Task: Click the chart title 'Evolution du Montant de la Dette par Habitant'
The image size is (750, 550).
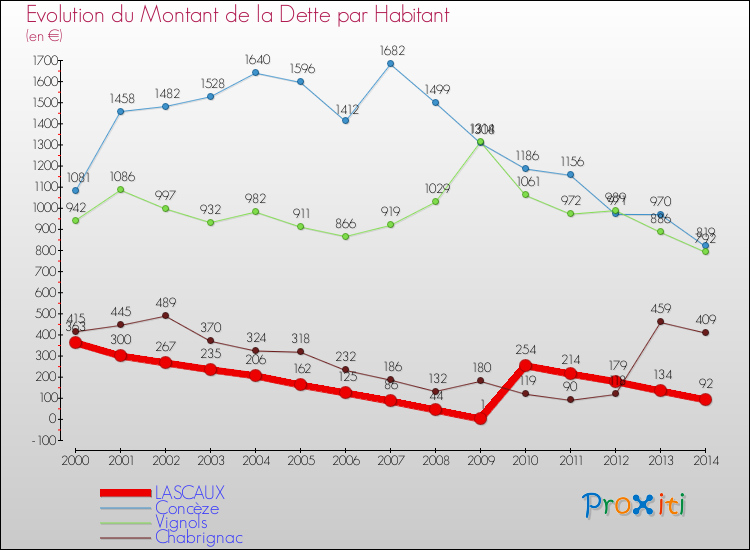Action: [237, 15]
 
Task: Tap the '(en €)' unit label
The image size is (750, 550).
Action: [45, 36]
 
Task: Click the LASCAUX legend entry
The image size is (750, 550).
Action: [189, 493]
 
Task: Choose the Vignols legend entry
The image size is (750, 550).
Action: [181, 522]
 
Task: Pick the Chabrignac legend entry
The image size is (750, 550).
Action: [198, 537]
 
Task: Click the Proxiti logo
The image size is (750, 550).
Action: [635, 505]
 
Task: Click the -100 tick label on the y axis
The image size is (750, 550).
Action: [41, 440]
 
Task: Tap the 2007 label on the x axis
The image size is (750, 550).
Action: [390, 459]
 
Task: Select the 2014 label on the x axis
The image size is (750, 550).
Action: [705, 459]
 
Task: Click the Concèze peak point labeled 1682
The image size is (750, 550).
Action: [390, 64]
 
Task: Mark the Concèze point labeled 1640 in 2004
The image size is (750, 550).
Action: [255, 73]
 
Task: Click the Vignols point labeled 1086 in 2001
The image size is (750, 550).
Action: [120, 189]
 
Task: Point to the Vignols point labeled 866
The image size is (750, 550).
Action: [345, 236]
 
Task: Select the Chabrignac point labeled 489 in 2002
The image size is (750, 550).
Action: [165, 315]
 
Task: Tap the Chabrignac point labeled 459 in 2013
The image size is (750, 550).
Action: [660, 321]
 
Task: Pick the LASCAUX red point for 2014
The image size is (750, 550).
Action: [705, 399]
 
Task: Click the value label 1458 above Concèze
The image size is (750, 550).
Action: [120, 99]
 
